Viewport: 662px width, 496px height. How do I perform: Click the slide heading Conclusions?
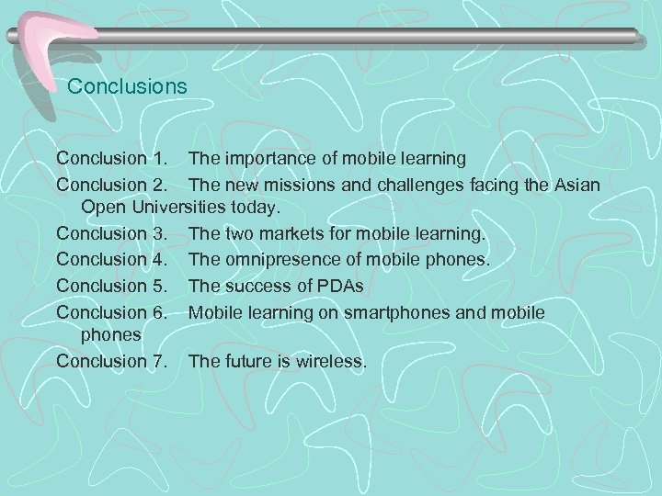(128, 87)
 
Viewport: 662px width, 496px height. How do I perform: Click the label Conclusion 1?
(114, 160)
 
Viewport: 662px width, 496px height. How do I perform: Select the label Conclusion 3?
(114, 236)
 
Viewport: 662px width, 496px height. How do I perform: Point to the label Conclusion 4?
(114, 262)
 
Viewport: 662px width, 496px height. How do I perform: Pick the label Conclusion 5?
(114, 287)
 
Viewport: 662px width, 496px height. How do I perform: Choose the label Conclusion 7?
(114, 361)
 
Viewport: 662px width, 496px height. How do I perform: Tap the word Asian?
(576, 186)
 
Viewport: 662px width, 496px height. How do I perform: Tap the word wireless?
(331, 361)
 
